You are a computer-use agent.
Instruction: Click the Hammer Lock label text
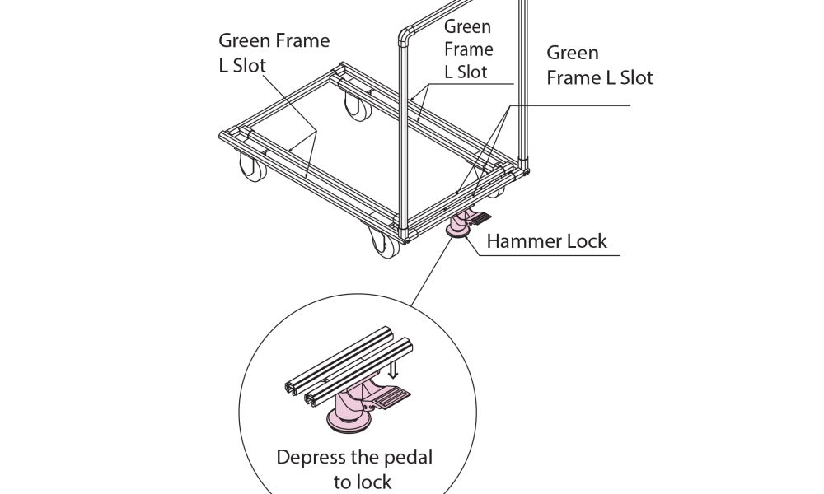546,241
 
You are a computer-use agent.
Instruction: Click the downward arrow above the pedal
392,370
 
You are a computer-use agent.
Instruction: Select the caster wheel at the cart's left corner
253,167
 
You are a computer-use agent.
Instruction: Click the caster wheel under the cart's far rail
358,105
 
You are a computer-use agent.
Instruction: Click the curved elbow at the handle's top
405,35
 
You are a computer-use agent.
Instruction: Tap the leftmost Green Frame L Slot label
274,53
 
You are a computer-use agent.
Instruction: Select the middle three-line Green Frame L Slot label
468,49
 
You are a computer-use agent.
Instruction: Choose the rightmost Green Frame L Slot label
600,64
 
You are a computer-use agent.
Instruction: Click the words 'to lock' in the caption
363,482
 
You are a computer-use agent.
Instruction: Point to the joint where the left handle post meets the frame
404,232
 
